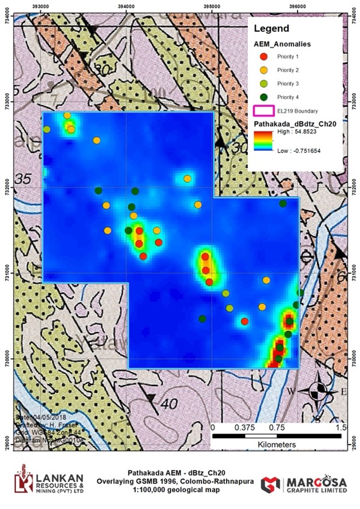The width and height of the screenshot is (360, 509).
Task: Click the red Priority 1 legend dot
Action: [x=263, y=56]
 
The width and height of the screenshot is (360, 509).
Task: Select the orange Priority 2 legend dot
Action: [x=263, y=70]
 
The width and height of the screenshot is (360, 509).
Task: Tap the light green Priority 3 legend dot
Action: [x=263, y=83]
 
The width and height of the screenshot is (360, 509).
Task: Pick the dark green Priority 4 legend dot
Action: [x=263, y=97]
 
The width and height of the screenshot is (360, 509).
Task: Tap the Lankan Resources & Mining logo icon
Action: [x=23, y=479]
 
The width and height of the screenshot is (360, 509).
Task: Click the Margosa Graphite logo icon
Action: [x=270, y=484]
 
